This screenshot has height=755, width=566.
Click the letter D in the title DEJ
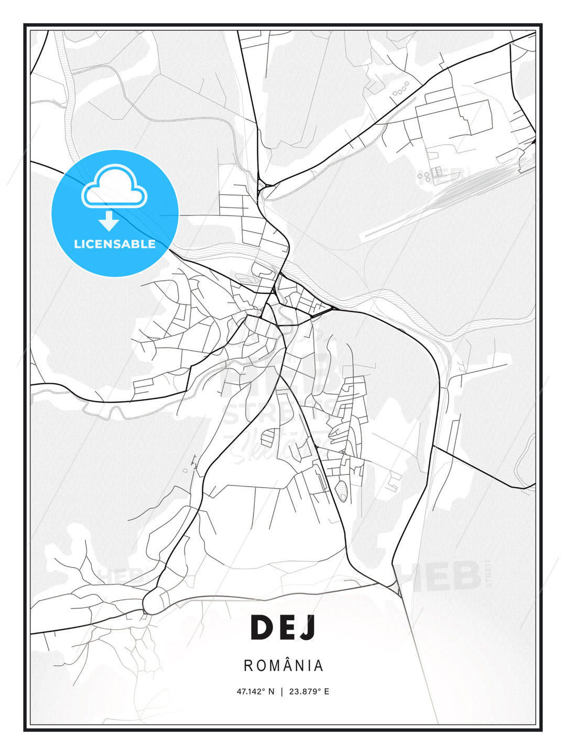(x=263, y=628)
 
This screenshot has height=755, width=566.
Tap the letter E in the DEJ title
(x=287, y=628)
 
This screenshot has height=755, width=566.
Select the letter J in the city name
(x=309, y=628)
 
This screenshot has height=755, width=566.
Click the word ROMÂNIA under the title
(x=284, y=665)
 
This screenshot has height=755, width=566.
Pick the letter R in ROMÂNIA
(x=247, y=666)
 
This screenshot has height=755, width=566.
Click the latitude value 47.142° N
(x=255, y=692)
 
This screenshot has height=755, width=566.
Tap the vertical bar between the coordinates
(x=282, y=692)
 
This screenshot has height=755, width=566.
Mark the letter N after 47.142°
(x=271, y=692)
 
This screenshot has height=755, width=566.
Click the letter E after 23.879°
(x=326, y=692)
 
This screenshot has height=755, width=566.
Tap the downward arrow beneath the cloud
(x=109, y=221)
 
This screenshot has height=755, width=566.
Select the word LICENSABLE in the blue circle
(x=115, y=244)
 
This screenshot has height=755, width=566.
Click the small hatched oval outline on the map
(x=342, y=491)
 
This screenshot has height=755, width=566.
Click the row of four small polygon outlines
(x=400, y=90)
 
